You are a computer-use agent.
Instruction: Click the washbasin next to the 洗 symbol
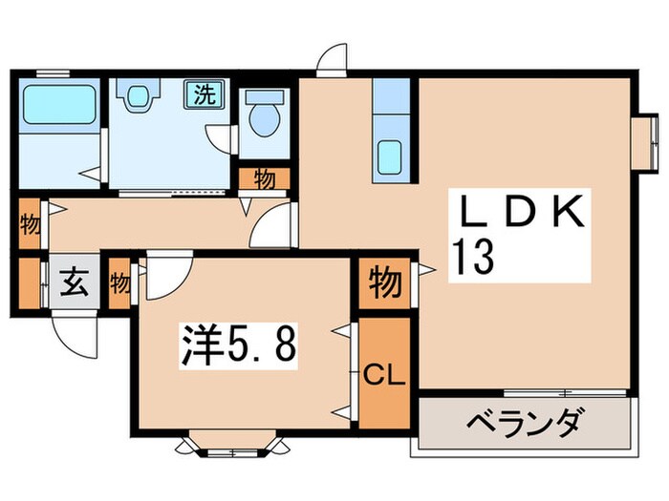click(x=139, y=96)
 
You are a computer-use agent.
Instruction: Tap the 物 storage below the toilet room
click(x=264, y=177)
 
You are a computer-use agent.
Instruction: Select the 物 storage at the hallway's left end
click(x=29, y=225)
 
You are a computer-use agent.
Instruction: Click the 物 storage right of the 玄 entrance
click(x=120, y=282)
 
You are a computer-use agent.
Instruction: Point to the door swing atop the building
click(x=332, y=59)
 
